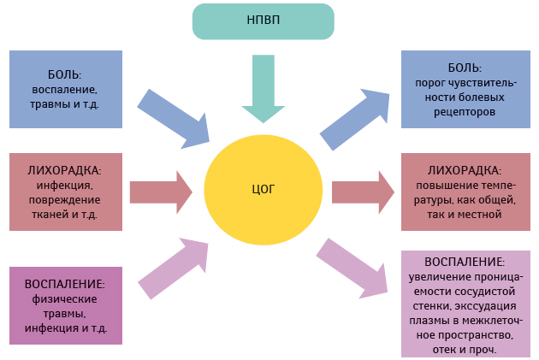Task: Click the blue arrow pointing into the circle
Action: pyautogui.click(x=176, y=114)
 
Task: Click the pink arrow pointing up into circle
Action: pyautogui.click(x=175, y=268)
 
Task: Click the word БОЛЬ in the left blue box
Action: pyautogui.click(x=65, y=73)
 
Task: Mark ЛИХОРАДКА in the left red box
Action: pyautogui.click(x=65, y=168)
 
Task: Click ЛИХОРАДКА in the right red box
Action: pyautogui.click(x=465, y=169)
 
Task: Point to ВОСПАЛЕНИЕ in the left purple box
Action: pyautogui.click(x=65, y=284)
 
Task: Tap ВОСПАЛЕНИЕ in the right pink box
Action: pyautogui.click(x=465, y=262)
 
